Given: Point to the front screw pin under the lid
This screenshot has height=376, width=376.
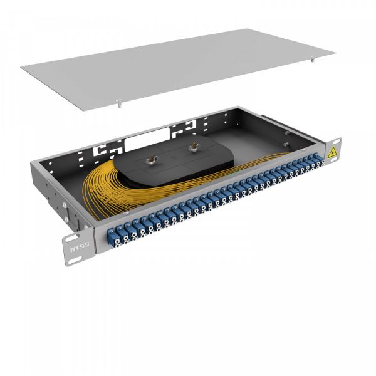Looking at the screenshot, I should pos(118,102).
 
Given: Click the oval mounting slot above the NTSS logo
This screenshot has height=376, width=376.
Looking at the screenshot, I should pos(70,236).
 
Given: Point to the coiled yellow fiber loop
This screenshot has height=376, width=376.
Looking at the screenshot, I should pos(110,188).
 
